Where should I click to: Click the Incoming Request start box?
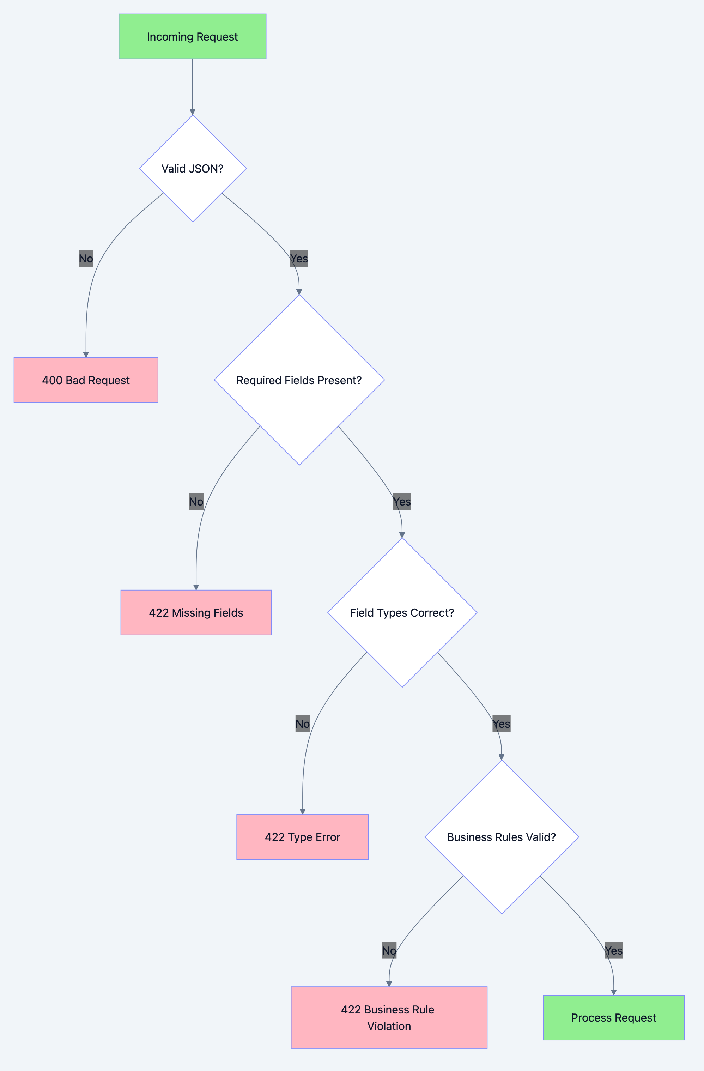click(x=192, y=36)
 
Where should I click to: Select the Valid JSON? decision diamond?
click(x=193, y=168)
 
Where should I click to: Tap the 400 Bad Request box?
click(x=86, y=380)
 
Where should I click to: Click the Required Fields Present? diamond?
click(x=299, y=380)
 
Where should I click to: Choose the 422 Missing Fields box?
click(x=196, y=612)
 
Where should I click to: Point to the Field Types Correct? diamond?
click(x=402, y=612)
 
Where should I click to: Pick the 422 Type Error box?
click(x=302, y=837)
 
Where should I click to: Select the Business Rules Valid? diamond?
click(x=502, y=837)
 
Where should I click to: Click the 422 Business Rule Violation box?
click(x=389, y=1017)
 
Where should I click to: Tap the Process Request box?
click(x=614, y=1017)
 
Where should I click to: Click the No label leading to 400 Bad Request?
click(x=86, y=258)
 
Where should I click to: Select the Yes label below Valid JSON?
click(x=299, y=258)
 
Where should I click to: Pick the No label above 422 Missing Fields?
click(x=196, y=501)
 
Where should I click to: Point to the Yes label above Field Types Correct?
click(x=402, y=501)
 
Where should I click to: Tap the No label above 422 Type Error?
click(x=302, y=724)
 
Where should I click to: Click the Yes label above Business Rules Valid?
click(x=502, y=724)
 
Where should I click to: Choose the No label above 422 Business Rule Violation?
click(x=389, y=950)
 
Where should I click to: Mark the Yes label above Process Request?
click(x=614, y=950)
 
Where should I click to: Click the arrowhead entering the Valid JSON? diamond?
click(x=193, y=111)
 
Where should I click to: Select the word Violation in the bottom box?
click(x=389, y=1026)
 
